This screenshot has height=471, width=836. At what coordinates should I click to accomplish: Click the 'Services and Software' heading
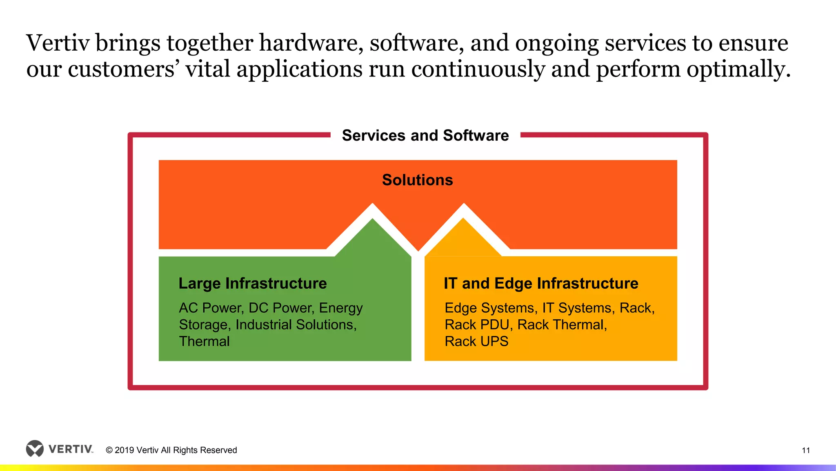pyautogui.click(x=425, y=135)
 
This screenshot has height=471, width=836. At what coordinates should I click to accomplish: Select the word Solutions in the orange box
pyautogui.click(x=417, y=180)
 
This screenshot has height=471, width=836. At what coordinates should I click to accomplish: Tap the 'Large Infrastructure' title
pyautogui.click(x=252, y=283)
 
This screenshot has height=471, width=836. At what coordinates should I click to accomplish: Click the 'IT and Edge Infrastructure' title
pyautogui.click(x=541, y=283)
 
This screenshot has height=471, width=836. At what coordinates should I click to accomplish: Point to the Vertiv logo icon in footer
pyautogui.click(x=35, y=449)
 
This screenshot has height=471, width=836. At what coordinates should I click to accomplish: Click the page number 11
pyautogui.click(x=806, y=450)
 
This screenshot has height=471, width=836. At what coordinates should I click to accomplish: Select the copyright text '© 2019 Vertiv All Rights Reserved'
pyautogui.click(x=171, y=450)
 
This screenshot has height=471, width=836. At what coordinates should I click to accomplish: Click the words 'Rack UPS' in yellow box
pyautogui.click(x=476, y=341)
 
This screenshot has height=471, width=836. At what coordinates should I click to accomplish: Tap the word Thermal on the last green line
pyautogui.click(x=204, y=341)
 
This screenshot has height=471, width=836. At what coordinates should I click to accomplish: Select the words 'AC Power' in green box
pyautogui.click(x=211, y=308)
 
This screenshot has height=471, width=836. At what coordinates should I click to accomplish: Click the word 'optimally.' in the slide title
pyautogui.click(x=738, y=69)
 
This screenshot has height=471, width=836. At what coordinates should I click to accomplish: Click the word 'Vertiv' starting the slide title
pyautogui.click(x=58, y=43)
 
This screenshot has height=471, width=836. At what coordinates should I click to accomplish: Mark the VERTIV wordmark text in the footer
pyautogui.click(x=71, y=449)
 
